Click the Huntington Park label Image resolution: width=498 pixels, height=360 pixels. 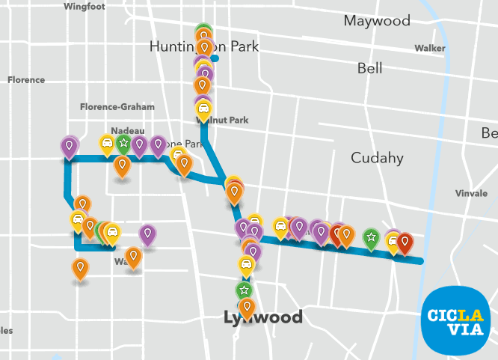203,46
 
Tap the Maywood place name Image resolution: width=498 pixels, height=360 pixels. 377,20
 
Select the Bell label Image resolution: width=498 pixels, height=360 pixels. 369,68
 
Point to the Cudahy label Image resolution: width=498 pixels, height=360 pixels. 377,158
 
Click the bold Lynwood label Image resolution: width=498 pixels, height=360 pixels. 263,317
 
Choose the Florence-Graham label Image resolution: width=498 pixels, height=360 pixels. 117,107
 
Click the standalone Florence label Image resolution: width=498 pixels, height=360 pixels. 26,80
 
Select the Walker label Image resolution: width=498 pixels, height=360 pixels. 429,48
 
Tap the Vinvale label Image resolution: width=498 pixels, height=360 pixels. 471,193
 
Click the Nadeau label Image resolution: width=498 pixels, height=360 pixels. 127,130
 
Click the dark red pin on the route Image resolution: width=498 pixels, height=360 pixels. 405,242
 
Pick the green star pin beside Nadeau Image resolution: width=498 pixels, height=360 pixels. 123,143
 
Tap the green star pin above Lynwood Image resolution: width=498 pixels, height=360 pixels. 243,290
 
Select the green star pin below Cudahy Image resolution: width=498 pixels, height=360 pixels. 370,237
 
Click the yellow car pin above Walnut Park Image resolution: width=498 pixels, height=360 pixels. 203,110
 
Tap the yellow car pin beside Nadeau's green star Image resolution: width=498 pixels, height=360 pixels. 107,143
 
